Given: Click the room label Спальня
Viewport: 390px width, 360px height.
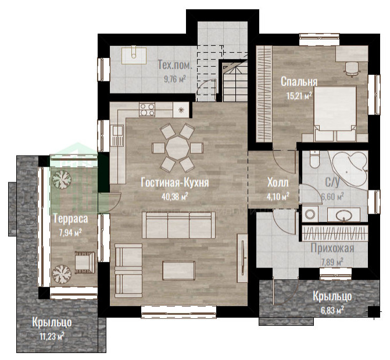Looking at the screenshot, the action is (299, 81).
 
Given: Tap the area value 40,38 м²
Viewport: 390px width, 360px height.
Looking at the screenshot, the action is (174, 196).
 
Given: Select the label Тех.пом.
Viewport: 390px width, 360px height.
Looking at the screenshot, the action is (175, 65).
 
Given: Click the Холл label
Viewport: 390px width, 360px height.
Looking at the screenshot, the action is (278, 182).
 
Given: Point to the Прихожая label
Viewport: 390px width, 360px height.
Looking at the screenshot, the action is (332, 248).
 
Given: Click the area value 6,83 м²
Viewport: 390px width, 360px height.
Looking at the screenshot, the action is (332, 310).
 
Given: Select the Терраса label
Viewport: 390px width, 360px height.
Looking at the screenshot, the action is (71, 219).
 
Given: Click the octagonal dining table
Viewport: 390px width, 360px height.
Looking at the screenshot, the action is (177, 148).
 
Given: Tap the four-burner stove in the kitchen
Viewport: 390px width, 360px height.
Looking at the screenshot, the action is (147, 110).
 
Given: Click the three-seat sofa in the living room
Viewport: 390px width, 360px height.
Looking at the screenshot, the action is (178, 225).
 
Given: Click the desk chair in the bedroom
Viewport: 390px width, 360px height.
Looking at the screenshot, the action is (352, 68).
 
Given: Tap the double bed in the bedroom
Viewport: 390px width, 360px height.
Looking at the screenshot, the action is (335, 114).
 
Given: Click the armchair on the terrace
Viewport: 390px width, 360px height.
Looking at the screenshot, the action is (85, 262).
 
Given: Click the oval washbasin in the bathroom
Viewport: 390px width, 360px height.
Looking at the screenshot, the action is (344, 215).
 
